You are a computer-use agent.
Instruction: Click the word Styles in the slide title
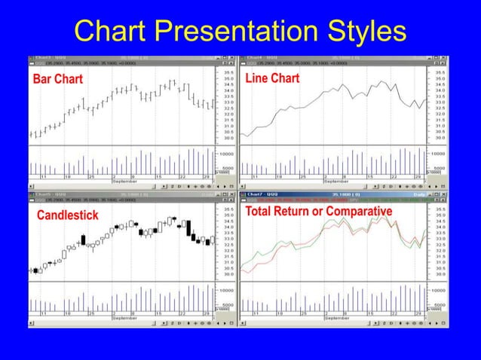pyautogui.click(x=352, y=31)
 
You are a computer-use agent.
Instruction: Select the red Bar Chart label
pyautogui.click(x=57, y=80)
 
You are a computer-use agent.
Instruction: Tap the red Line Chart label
pyautogui.click(x=272, y=78)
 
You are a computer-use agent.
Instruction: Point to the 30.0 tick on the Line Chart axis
pyautogui.click(x=440, y=139)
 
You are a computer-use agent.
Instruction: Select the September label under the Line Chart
pyautogui.click(x=336, y=182)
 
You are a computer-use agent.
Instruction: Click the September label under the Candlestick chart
pyautogui.click(x=124, y=318)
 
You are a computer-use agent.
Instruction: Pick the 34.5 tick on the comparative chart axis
pyautogui.click(x=440, y=221)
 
